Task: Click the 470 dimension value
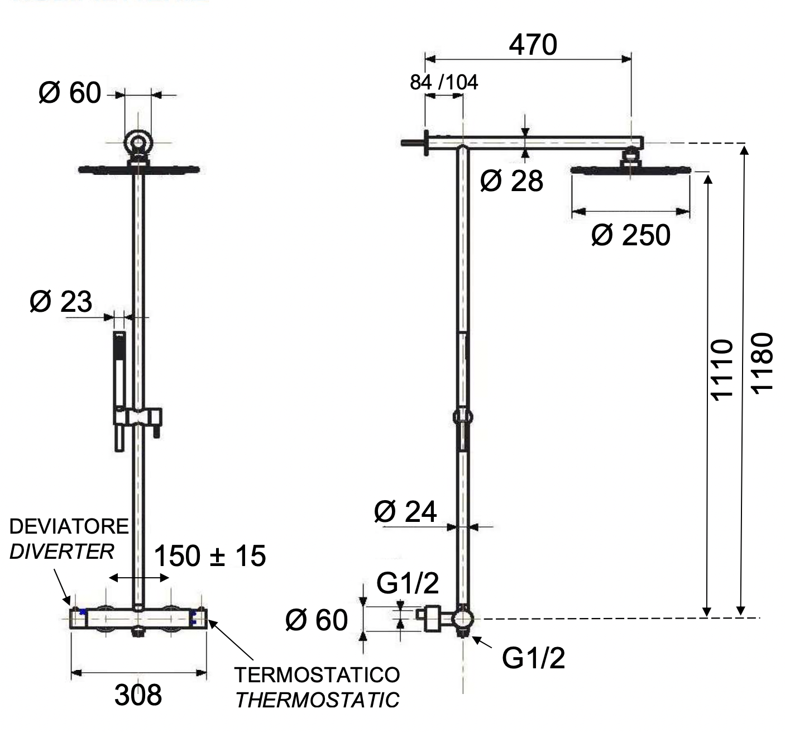[532, 45]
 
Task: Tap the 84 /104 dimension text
[444, 83]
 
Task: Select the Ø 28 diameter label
[511, 181]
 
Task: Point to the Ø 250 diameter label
[630, 235]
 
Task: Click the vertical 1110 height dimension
[721, 369]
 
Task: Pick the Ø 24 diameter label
[405, 511]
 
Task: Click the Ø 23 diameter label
[60, 302]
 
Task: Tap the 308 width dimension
[138, 695]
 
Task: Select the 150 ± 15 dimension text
[209, 556]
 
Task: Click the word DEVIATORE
[69, 526]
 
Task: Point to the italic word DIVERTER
[61, 552]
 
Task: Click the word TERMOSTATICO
[317, 674]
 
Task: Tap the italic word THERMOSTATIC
[317, 700]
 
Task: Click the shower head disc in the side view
[631, 169]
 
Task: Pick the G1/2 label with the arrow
[533, 658]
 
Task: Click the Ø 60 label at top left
[70, 93]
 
